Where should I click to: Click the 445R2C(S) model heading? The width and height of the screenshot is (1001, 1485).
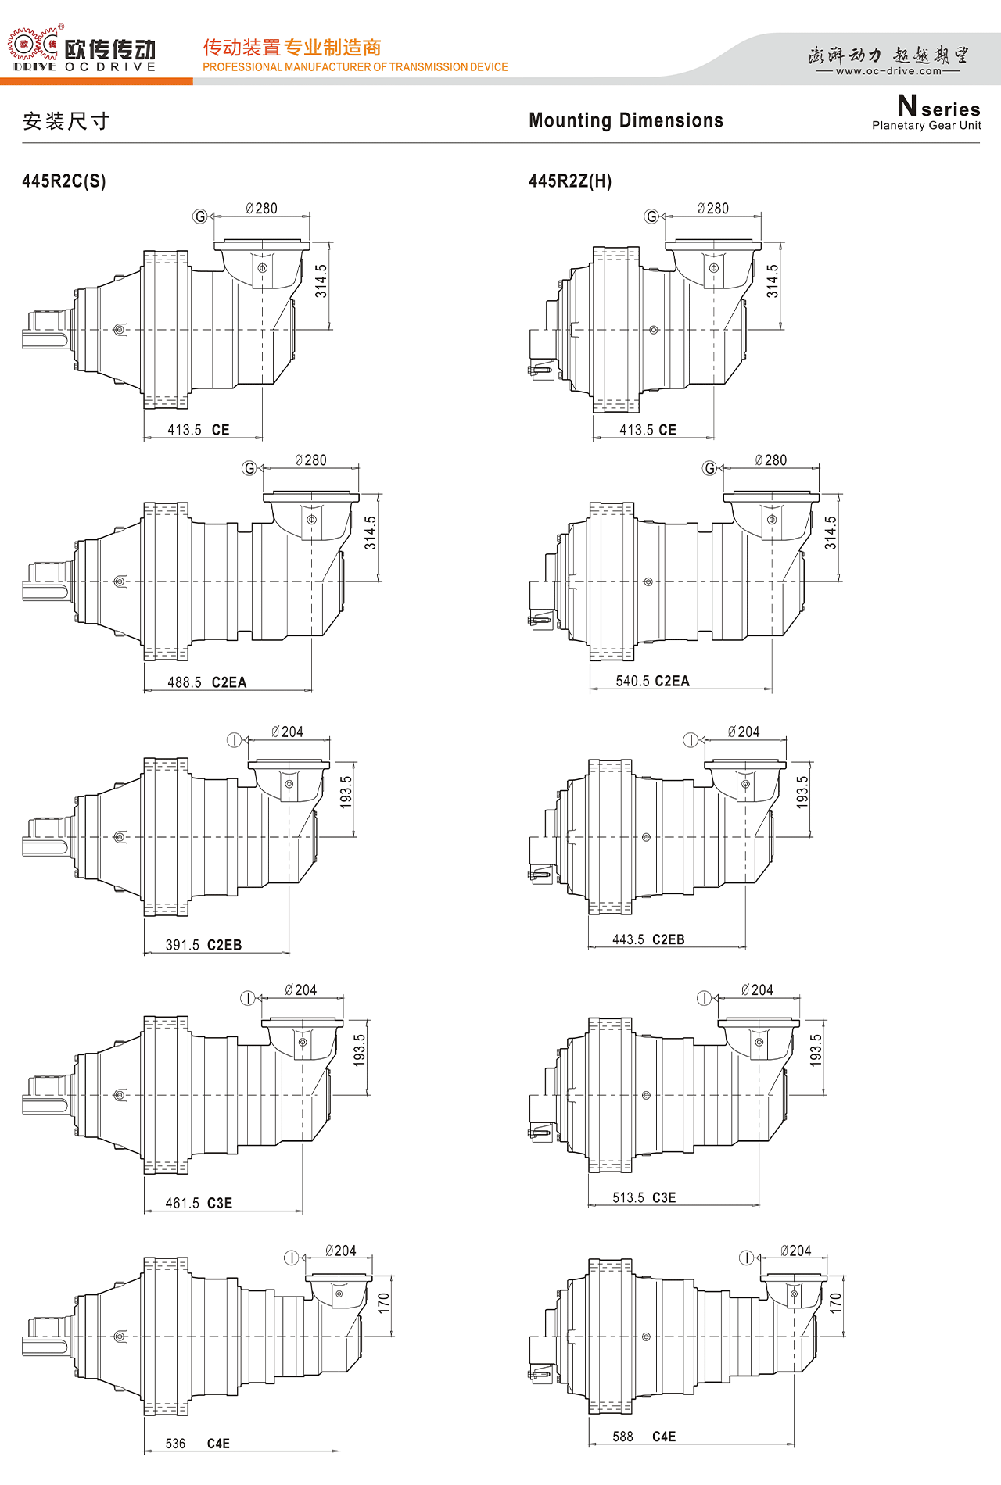coord(64,181)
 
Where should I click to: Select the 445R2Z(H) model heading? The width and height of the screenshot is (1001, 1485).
coord(570,181)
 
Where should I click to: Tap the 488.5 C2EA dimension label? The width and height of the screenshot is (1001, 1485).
coord(206,682)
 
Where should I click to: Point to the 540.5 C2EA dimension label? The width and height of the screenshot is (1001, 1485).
coord(652,681)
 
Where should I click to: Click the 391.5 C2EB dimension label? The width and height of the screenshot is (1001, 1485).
coord(203,945)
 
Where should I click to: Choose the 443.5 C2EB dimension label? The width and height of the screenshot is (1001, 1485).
coord(648,939)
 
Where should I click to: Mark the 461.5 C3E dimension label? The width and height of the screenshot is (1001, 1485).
coord(199,1203)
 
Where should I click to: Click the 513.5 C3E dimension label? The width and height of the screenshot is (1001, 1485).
coord(644,1197)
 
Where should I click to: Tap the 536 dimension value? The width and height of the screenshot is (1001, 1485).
coord(176,1444)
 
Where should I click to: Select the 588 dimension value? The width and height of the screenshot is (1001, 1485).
coord(623,1437)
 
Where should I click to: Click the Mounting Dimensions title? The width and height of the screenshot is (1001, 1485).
coord(626,120)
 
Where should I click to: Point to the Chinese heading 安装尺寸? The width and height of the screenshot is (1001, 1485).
coord(66,121)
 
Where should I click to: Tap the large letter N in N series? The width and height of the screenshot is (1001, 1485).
coord(907,106)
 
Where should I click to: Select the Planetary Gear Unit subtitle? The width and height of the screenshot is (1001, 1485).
coord(927,126)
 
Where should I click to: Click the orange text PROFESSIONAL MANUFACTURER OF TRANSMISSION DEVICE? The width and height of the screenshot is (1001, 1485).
coord(355,67)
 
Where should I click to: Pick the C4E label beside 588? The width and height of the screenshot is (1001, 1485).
coord(664,1437)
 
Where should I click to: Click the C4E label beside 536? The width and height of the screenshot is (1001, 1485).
coord(218,1444)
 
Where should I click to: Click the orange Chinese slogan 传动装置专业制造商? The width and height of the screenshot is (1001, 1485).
coord(292,48)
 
